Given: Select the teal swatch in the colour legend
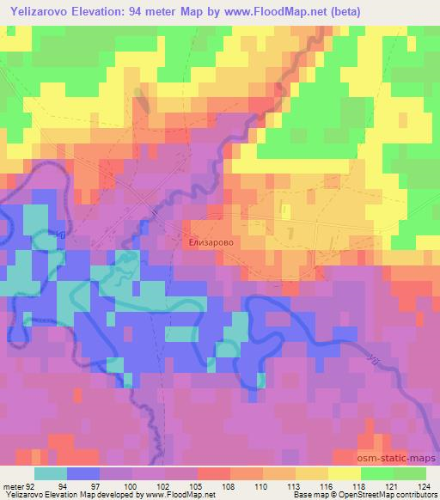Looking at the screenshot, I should pos(51,473).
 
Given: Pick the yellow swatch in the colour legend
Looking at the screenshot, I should pos(345,473).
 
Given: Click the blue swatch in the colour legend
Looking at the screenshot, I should pos(83,473).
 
